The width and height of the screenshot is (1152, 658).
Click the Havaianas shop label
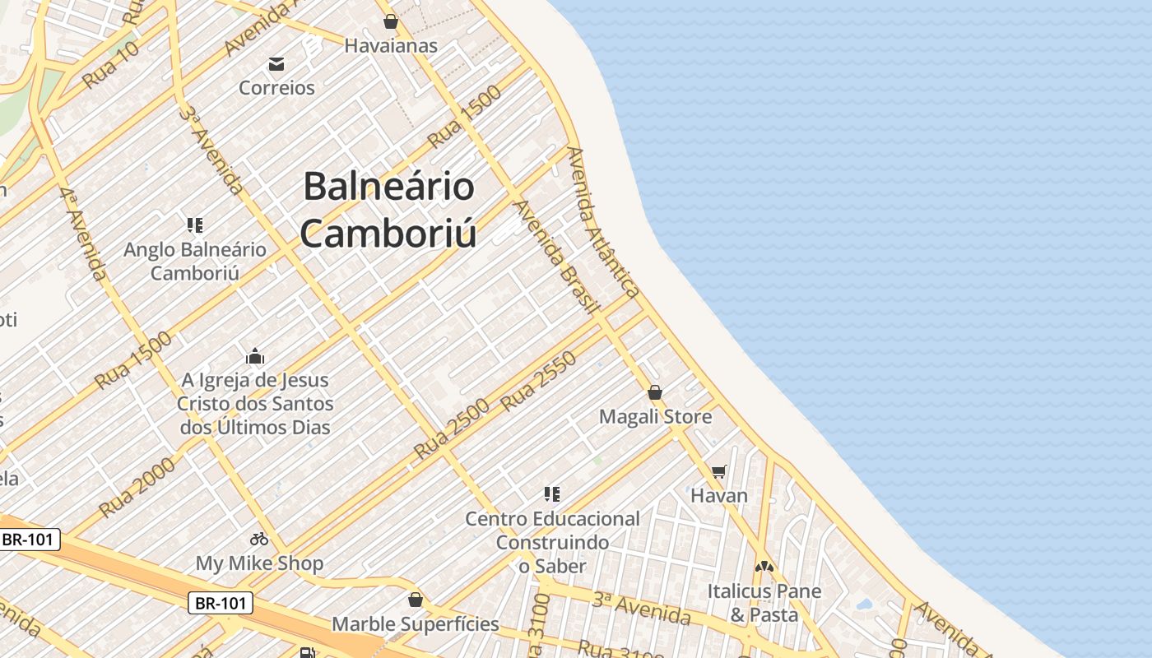coord(391,45)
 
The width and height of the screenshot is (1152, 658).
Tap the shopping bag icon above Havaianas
coord(391,21)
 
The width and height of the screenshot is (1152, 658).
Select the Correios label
coord(276,87)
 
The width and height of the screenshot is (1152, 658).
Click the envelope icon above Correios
coord(276,64)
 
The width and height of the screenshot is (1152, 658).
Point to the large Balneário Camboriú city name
coord(388,210)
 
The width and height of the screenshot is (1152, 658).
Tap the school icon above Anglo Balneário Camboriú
coord(195,225)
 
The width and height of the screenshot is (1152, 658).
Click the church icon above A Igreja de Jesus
coord(255,356)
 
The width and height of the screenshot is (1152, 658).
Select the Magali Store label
coord(655,416)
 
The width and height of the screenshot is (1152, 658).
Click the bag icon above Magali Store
coord(655,392)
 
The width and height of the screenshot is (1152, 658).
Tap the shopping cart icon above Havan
coord(719,471)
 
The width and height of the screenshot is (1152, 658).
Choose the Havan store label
coord(719,495)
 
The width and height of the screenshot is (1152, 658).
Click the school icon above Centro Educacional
coord(552,493)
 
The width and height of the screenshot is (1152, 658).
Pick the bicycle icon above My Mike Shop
coord(259,539)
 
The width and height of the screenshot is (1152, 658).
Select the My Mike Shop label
coord(259,563)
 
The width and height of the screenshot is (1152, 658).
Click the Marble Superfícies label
coord(416,623)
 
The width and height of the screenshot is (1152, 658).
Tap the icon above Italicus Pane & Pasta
coord(764,567)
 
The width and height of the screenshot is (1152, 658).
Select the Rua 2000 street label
coord(137,487)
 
